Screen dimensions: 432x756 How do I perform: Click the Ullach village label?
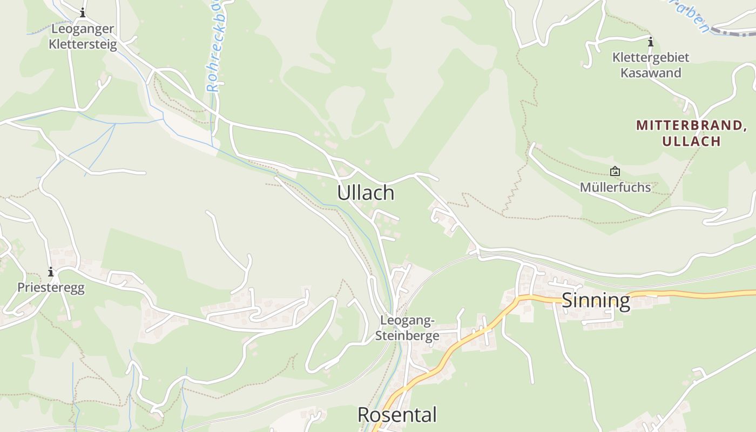(x=366, y=193)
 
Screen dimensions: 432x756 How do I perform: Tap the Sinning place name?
(x=596, y=301)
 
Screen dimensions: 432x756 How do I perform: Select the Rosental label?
(x=397, y=415)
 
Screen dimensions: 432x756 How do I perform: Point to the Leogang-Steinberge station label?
(x=407, y=328)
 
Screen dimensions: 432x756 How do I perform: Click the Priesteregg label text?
(x=51, y=287)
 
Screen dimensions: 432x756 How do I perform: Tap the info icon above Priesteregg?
(x=51, y=272)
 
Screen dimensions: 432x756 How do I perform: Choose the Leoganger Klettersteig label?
(x=83, y=36)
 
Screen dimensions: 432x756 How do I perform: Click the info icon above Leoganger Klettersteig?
(x=83, y=12)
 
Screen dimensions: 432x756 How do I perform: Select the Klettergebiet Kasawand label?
(x=650, y=65)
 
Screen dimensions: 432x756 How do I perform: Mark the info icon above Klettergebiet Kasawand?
(x=651, y=42)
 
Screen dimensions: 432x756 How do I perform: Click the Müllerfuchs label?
(x=615, y=187)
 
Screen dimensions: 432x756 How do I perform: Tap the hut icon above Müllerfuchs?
(x=615, y=172)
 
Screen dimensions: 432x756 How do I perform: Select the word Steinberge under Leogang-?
(x=407, y=335)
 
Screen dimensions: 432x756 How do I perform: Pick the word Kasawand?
(x=650, y=73)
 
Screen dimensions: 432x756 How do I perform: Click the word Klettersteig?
(x=83, y=44)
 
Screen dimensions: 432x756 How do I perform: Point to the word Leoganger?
(x=83, y=29)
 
